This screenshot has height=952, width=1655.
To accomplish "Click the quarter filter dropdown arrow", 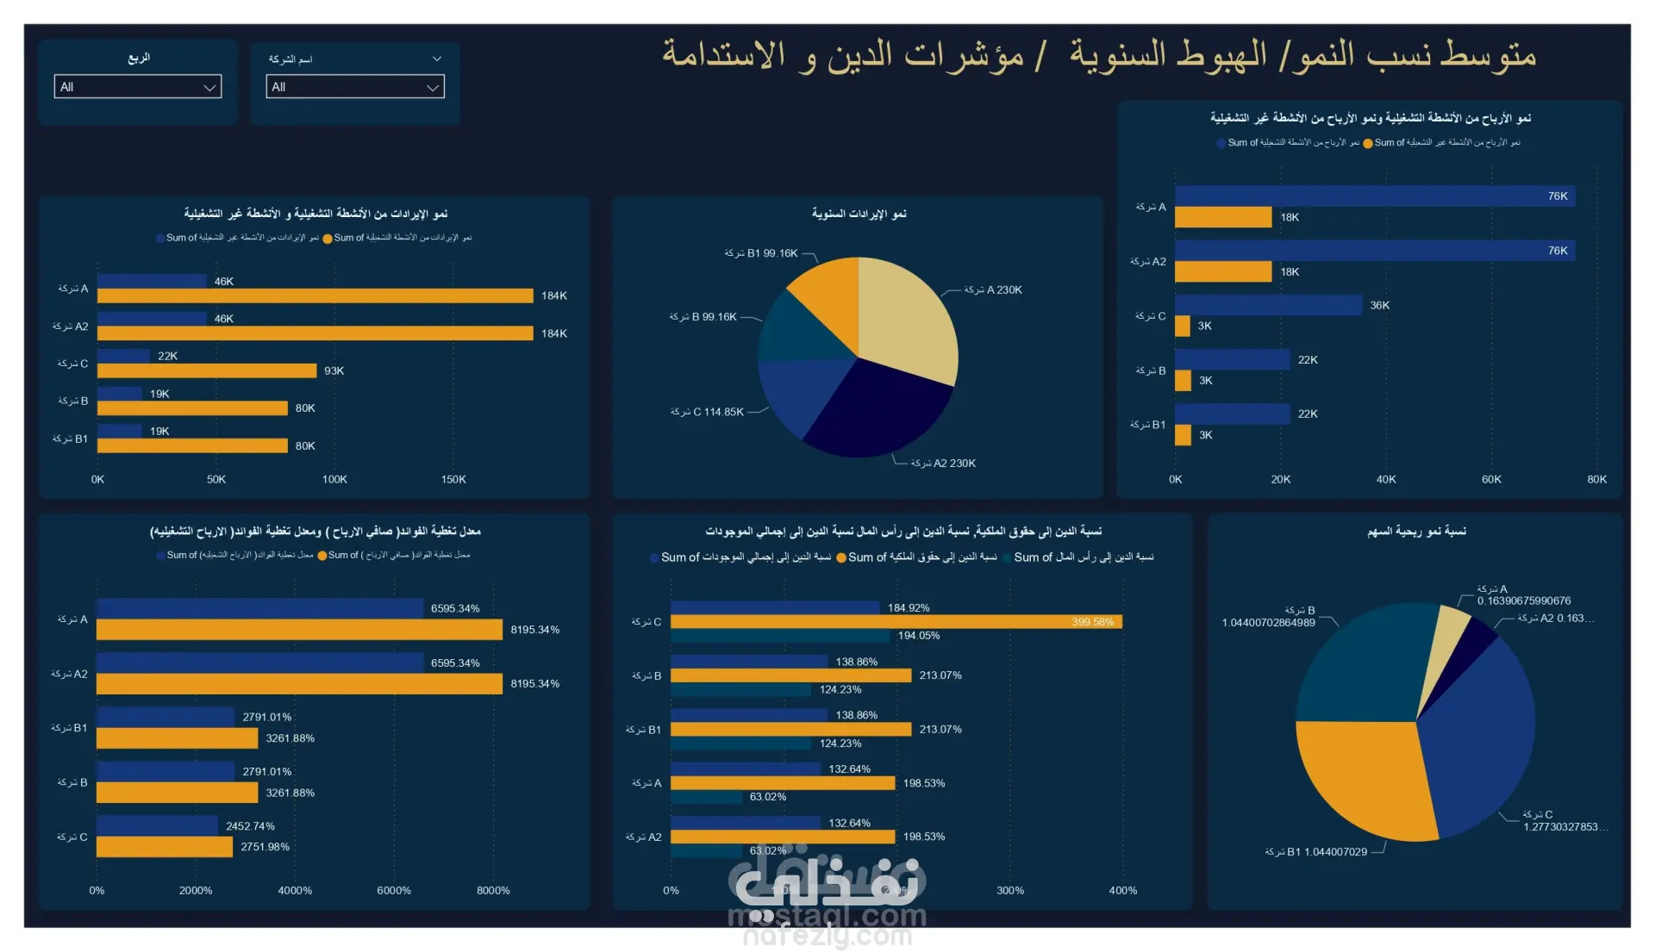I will pos(209,87).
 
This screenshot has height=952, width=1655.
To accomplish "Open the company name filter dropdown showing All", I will pos(354,87).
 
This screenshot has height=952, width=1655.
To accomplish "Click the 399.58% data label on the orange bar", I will pos(1092,622).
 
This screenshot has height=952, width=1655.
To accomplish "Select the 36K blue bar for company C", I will pos(1267,305).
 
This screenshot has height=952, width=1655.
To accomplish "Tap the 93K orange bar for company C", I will pos(207,370).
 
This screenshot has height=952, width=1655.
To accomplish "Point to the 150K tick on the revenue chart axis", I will pos(453,479).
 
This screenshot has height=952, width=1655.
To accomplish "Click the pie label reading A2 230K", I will pos(944,464).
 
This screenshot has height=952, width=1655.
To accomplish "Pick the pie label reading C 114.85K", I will pos(707,412).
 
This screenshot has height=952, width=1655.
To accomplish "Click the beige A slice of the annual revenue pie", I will pos(905,319).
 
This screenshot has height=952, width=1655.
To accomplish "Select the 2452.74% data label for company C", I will pos(250,826).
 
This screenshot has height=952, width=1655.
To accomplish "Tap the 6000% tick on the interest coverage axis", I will pos(394,890).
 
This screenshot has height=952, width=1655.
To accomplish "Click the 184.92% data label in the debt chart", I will pos(909,608).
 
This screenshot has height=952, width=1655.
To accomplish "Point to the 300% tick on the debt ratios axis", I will pos(1010,890).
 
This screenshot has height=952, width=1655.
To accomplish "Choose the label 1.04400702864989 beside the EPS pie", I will pos(1268,623).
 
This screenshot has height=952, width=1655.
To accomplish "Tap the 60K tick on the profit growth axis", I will pos(1491,479).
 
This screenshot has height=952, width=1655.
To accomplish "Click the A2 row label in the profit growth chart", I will pos(1148,261).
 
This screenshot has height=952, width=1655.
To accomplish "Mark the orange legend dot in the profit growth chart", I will pos(1368,143).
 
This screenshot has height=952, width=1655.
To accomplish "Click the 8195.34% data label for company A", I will pos(534,630).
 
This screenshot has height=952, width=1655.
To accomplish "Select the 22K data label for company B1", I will pos(1308,414).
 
